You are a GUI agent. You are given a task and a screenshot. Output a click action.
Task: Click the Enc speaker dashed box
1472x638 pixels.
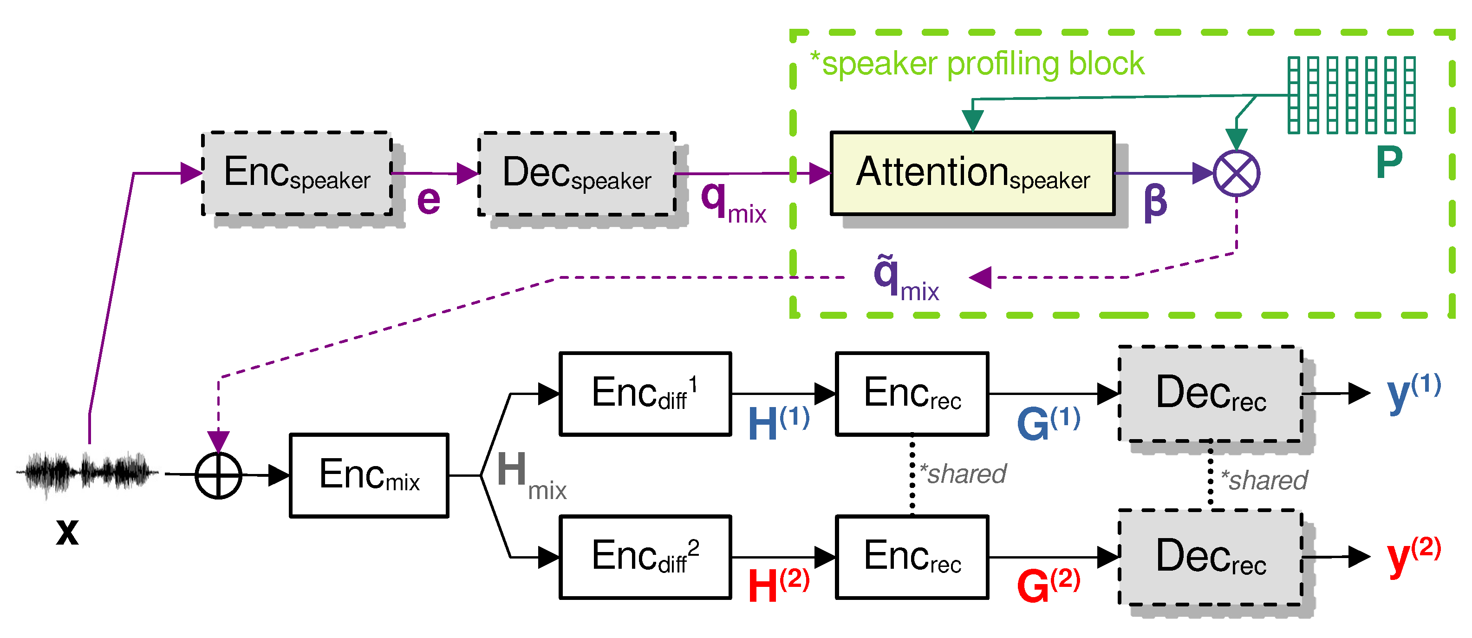pos(297,173)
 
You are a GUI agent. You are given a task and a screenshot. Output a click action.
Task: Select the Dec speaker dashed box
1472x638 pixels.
pos(577,173)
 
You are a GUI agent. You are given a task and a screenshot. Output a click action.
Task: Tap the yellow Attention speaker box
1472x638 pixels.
pos(972,173)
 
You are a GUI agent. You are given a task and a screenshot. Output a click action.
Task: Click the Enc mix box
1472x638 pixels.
pos(369,475)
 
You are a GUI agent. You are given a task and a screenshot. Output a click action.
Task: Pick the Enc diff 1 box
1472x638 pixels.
pos(645,394)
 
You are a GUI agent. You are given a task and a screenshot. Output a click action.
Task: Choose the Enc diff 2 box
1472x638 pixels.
pos(645,557)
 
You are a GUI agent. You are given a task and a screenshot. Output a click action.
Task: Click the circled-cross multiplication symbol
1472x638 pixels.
pos(1236,173)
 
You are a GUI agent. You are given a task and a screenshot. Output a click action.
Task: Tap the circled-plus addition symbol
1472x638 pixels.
pos(218,475)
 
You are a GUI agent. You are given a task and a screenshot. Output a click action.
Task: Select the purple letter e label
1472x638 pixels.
pos(429,200)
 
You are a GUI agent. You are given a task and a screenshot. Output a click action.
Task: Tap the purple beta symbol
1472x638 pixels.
pos(1155,203)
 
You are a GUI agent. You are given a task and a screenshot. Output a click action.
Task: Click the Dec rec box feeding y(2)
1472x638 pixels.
pos(1210,557)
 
